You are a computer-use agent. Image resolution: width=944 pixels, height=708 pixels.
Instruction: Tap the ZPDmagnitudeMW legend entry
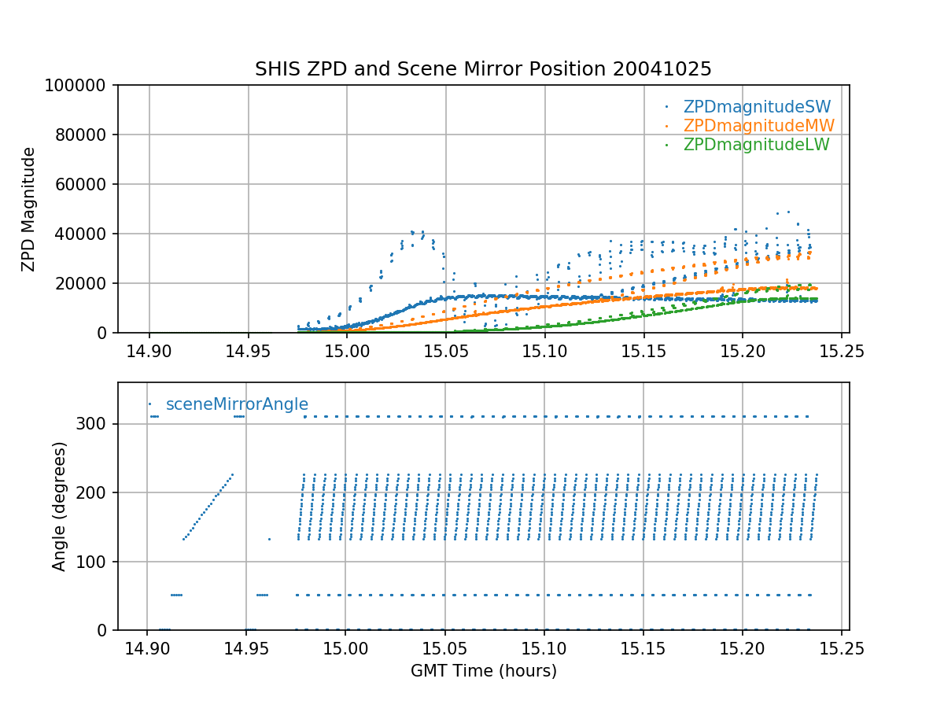[758, 126]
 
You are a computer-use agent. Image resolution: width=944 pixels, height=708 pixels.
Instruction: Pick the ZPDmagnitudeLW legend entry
[756, 145]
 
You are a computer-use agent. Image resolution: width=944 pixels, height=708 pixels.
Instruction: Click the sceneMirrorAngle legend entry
[236, 404]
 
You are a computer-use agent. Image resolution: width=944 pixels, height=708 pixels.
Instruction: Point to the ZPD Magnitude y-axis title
[29, 209]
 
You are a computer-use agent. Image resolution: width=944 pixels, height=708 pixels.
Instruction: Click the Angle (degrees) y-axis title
[60, 506]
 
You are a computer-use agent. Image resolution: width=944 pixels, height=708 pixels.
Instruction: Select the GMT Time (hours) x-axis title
[483, 671]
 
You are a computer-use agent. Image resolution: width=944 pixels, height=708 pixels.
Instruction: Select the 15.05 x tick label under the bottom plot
[444, 647]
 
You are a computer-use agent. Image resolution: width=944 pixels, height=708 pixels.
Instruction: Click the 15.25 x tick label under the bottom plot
[841, 647]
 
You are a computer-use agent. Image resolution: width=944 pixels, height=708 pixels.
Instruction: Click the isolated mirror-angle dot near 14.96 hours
[269, 539]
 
